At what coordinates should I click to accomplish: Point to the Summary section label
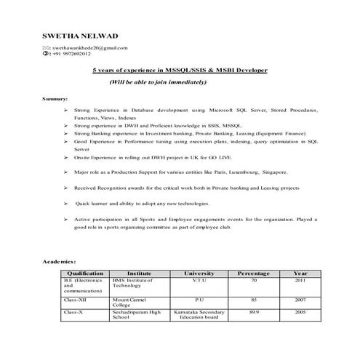pyautogui.click(x=55, y=98)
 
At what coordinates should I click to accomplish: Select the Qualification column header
pyautogui.click(x=85, y=273)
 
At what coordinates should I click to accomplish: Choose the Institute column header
pyautogui.click(x=139, y=273)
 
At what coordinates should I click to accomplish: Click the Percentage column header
pyautogui.click(x=254, y=273)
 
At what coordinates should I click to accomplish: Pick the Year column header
pyautogui.click(x=300, y=273)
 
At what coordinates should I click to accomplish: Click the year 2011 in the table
pyautogui.click(x=300, y=280)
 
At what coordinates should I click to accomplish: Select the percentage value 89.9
pyautogui.click(x=254, y=310)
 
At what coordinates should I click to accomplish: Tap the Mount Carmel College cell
pyautogui.click(x=130, y=301)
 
